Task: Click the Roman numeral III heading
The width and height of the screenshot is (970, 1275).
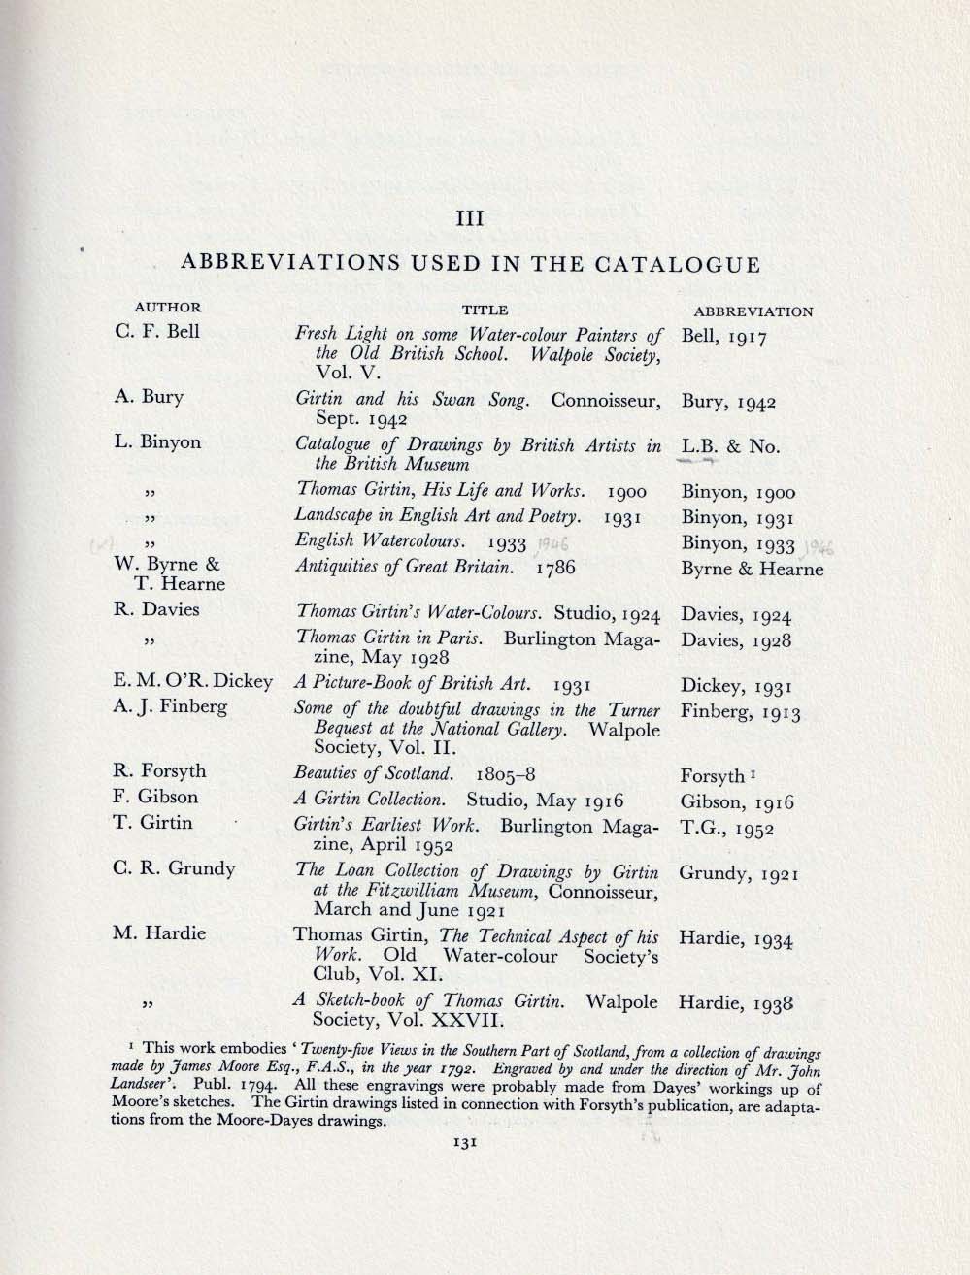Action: click(x=470, y=218)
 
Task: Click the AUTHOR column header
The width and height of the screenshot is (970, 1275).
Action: click(x=167, y=308)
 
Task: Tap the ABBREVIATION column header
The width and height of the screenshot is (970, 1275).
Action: click(x=753, y=311)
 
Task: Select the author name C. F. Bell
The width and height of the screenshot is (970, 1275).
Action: click(x=156, y=331)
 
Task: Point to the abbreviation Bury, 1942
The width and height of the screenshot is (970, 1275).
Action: click(x=728, y=402)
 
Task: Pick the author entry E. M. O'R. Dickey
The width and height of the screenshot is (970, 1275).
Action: click(x=193, y=681)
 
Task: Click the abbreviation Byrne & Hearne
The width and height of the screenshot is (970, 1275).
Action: click(x=752, y=569)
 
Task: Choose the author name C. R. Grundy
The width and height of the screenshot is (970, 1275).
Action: click(x=175, y=867)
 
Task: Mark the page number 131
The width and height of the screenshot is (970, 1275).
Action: click(x=462, y=1143)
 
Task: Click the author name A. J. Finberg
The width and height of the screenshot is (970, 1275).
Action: click(x=170, y=706)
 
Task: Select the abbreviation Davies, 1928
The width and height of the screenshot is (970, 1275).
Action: click(x=736, y=640)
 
